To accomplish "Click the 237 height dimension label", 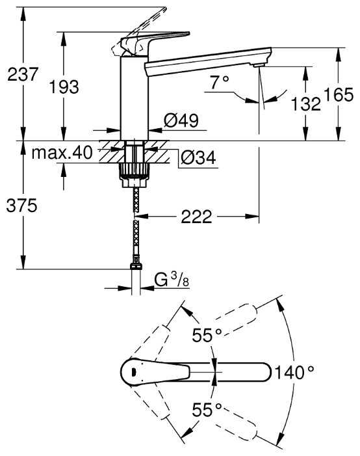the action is coord(23,74).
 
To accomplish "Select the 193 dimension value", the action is coord(64,87).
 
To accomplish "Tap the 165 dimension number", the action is coord(339,94).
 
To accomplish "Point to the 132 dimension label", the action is coord(305,104).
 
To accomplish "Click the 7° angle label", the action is coord(220,82).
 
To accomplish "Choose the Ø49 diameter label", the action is coord(181,120).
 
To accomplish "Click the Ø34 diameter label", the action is coord(198,158).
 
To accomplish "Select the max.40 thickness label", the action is coord(62,152).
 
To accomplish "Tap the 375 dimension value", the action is coord(22,206).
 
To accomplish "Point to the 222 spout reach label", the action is coord(196,217).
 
